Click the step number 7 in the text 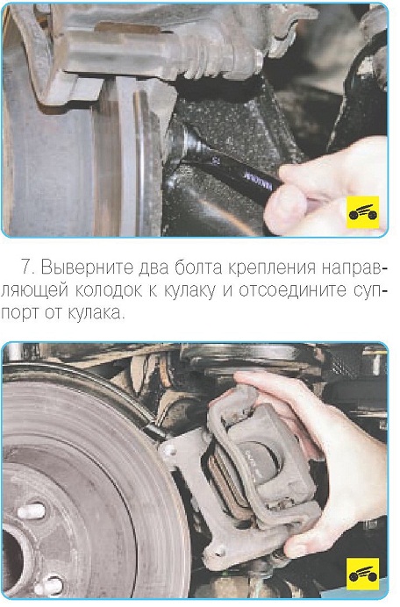26,268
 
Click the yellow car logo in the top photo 362,212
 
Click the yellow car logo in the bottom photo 362,574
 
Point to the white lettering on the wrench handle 258,180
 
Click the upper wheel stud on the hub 32,511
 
